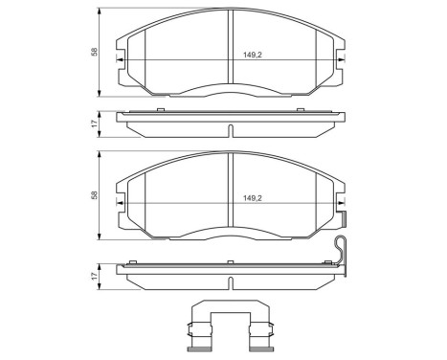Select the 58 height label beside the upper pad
[93, 52]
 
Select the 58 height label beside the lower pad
[93, 194]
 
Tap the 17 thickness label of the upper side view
[93, 124]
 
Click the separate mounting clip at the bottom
[229, 326]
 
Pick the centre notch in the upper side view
[230, 130]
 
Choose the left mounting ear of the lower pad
[121, 203]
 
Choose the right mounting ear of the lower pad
[340, 203]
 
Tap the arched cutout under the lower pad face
[229, 234]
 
